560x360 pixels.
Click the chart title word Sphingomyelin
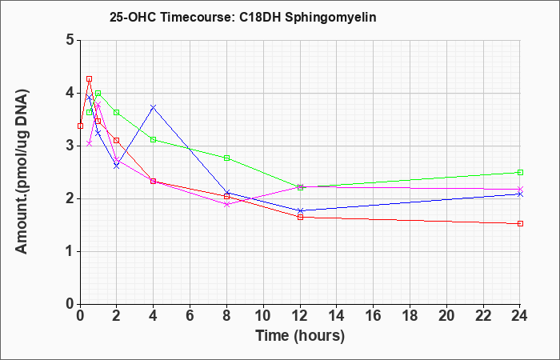click(330, 18)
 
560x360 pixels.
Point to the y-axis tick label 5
click(70, 40)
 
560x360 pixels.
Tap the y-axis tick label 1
click(70, 251)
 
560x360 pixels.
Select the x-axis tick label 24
click(519, 316)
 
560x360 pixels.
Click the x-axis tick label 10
click(263, 316)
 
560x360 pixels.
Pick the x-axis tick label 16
click(374, 316)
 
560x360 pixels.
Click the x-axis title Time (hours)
click(300, 336)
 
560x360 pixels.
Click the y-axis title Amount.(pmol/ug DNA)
click(22, 172)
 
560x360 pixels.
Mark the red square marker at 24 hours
click(520, 223)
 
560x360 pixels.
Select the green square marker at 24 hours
click(520, 173)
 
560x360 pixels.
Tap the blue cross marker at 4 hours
click(154, 107)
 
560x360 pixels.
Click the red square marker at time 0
click(80, 126)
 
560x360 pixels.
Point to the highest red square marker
click(90, 79)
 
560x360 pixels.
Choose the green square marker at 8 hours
click(226, 158)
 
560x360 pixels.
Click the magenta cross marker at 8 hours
click(226, 204)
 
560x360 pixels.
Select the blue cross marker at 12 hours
click(300, 210)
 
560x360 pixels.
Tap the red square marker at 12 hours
click(300, 217)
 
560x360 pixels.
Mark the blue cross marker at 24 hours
click(520, 194)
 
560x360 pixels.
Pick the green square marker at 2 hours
click(117, 113)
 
